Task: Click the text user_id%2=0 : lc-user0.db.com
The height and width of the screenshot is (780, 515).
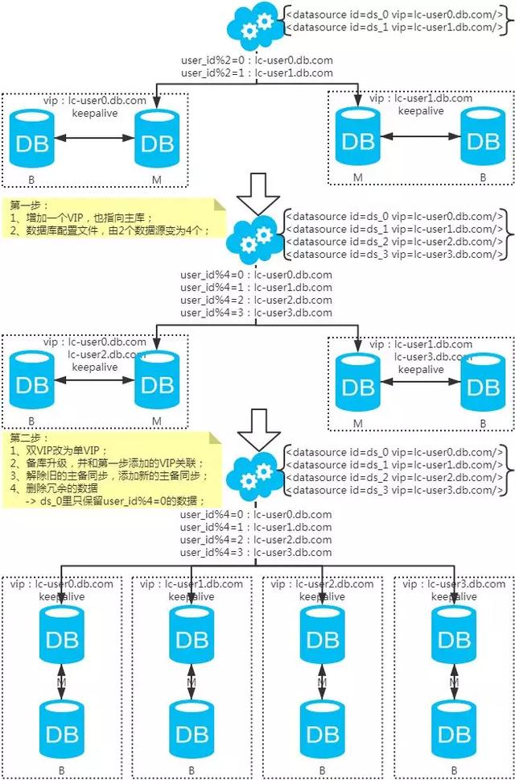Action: pyautogui.click(x=257, y=60)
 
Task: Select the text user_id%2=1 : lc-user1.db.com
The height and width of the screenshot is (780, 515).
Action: pyautogui.click(x=257, y=73)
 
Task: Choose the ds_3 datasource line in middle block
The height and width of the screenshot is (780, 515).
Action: pyautogui.click(x=394, y=255)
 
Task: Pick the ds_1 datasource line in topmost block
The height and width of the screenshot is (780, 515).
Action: pyautogui.click(x=394, y=27)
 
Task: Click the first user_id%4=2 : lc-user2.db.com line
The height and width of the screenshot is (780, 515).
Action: pyautogui.click(x=257, y=301)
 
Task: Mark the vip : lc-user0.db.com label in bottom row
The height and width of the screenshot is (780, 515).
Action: pyautogui.click(x=62, y=585)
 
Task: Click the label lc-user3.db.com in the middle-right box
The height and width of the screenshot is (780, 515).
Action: pyautogui.click(x=433, y=357)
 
